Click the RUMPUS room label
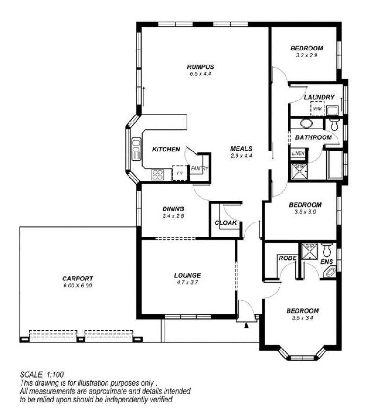coord(201,66)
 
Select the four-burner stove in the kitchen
coord(158,175)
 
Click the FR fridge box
coord(180,173)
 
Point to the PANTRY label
coord(200,168)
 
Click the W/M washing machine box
coord(317,108)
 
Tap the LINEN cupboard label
coord(298,153)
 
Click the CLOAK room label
coord(225,223)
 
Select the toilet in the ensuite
coord(325,250)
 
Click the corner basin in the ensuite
coord(331,272)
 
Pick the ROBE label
coord(288,258)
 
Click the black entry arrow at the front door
coord(246,325)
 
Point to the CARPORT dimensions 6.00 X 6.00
coord(77,286)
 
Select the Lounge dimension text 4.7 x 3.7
coord(187,282)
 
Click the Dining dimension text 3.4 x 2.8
coord(173,216)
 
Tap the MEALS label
coord(241,149)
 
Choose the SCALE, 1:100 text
coord(42,374)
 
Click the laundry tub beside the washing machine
coord(332,110)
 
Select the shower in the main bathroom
coord(299,172)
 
